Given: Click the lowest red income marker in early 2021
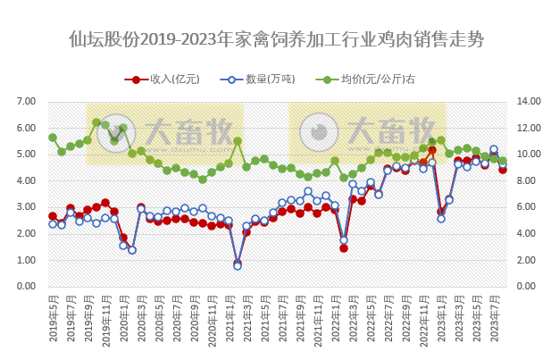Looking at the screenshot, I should click(238, 264).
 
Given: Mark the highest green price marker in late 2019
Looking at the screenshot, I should click(96, 122).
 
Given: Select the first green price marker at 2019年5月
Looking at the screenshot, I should click(53, 138).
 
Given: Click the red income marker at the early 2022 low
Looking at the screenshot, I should click(344, 247).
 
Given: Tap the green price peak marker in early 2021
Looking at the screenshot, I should click(238, 141).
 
